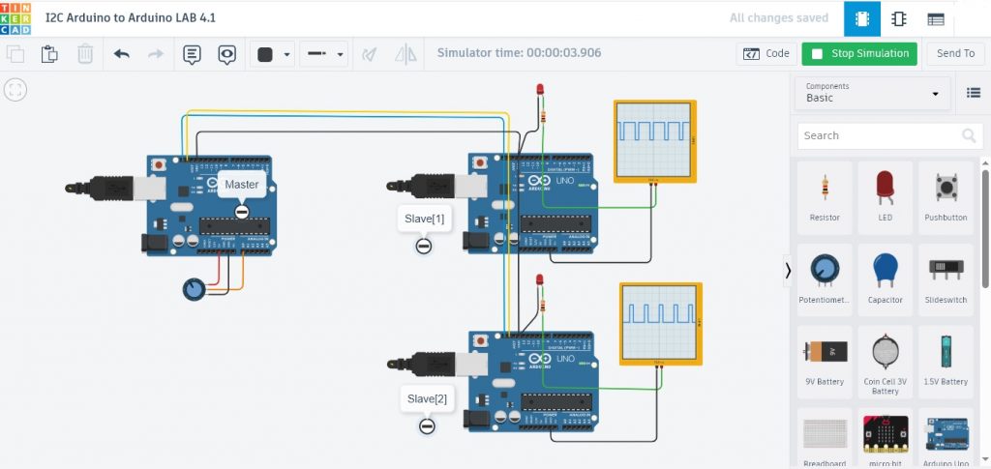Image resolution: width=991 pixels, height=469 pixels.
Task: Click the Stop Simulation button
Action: point(858,54)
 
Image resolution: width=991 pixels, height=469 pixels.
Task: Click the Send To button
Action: point(955,54)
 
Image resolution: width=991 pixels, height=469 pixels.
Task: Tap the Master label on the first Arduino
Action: point(242,184)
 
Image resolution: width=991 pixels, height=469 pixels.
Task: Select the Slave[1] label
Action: point(424,219)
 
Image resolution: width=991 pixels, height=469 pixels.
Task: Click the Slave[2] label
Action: point(427,398)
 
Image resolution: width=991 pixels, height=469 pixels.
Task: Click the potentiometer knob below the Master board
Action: point(195,288)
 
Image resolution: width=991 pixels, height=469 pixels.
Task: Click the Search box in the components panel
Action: point(876,135)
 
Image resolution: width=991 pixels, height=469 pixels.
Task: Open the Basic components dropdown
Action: point(872,93)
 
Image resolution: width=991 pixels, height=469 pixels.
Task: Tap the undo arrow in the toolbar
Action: point(122,54)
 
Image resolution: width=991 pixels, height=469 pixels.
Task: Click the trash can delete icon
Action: point(85,54)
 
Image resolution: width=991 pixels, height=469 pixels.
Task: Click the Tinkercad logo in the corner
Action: point(17,17)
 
